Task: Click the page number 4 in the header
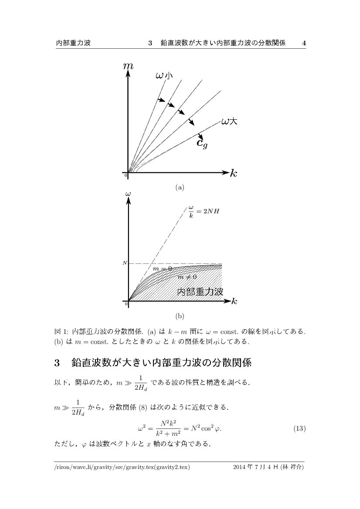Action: click(x=304, y=43)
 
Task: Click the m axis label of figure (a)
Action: click(x=128, y=66)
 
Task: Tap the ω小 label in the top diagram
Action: click(x=164, y=76)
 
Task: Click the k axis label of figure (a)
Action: click(x=234, y=173)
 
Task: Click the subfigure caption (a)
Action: click(x=180, y=187)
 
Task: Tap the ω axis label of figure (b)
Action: click(x=128, y=193)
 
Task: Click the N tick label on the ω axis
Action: click(x=124, y=263)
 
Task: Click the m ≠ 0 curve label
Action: click(x=187, y=276)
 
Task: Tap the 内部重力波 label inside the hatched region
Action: click(x=200, y=292)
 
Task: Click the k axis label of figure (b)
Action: click(x=234, y=301)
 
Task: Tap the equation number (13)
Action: click(x=299, y=429)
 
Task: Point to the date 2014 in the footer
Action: click(x=240, y=467)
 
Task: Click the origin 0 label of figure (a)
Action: click(x=126, y=175)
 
